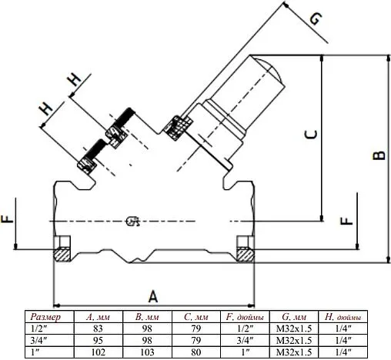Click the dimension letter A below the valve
(152, 295)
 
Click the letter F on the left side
(8, 220)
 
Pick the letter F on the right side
(348, 220)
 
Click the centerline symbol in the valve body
(131, 223)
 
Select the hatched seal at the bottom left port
(61, 252)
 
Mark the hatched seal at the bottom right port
(245, 252)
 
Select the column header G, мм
(293, 317)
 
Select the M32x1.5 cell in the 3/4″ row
(293, 340)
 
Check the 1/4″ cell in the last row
(343, 352)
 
